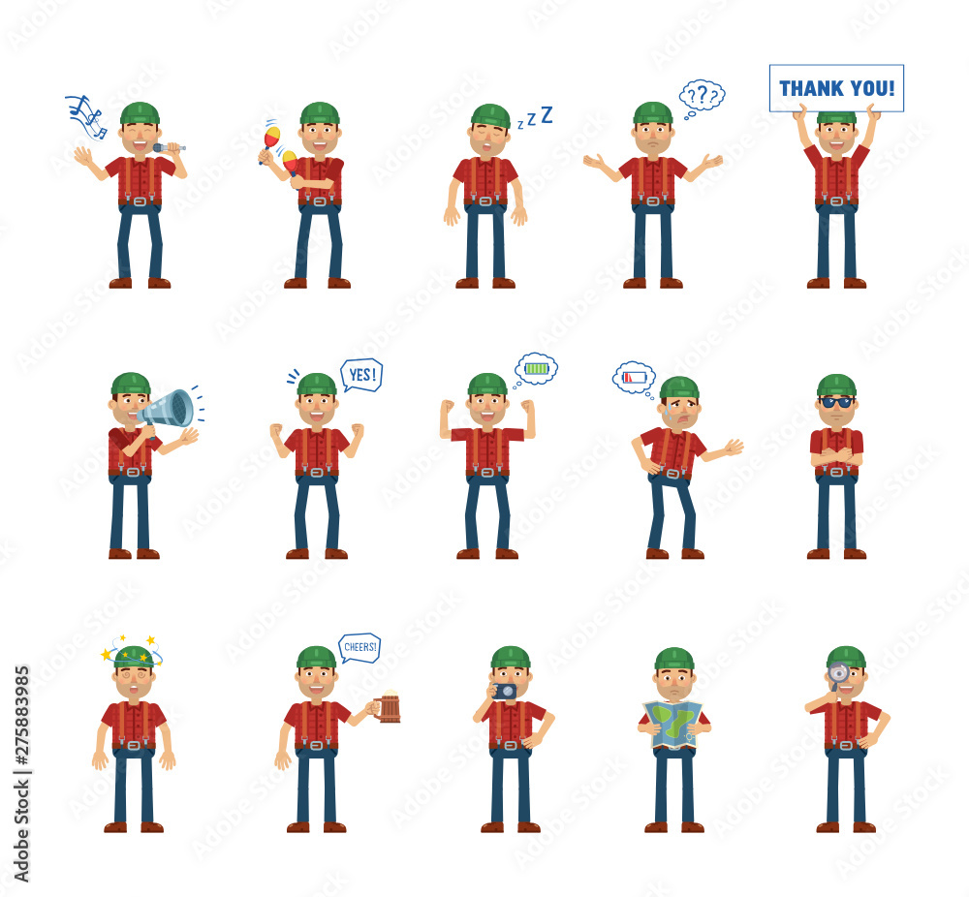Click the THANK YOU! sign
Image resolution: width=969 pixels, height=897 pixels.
coord(836,88)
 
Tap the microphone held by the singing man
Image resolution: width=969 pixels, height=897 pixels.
coord(169,147)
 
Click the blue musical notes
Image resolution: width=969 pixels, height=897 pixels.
coord(86,116)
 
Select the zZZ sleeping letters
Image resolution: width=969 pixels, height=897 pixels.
coord(535,117)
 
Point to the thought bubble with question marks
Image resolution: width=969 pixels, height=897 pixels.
coord(702,98)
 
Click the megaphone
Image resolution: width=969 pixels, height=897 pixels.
coord(167,410)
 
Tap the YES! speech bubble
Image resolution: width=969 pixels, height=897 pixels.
coord(361,375)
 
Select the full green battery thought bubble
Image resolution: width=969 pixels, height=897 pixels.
coord(536,369)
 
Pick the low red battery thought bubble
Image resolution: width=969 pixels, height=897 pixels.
coord(634,378)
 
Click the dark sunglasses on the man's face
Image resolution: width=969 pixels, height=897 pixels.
coord(836,402)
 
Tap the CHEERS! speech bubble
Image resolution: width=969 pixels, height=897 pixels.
coord(359,648)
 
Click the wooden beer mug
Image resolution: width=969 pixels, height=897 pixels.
coord(389,707)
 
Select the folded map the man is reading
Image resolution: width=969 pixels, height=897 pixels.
coord(672,725)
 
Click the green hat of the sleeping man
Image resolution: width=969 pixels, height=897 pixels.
coord(490,115)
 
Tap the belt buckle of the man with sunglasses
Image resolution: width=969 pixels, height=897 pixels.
coord(836,472)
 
